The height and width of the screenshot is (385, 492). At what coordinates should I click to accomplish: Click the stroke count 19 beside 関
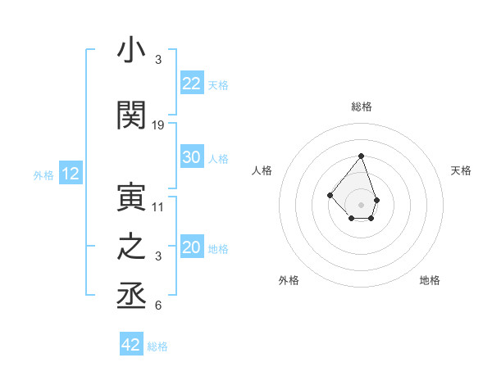click(158, 125)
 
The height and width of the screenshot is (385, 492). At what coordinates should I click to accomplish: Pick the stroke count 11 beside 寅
click(158, 206)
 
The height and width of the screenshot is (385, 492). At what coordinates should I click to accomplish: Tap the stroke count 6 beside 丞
click(158, 306)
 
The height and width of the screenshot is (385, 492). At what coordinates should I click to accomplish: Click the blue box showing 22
click(192, 84)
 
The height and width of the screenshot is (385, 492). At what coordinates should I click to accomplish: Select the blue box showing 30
click(192, 157)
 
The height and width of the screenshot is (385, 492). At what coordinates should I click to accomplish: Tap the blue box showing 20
click(192, 247)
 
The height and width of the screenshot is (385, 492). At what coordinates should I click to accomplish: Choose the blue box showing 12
click(70, 174)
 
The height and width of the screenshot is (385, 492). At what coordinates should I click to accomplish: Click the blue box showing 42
click(131, 345)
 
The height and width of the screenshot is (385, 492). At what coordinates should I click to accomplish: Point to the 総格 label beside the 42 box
click(157, 346)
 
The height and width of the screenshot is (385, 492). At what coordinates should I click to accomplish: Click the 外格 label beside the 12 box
click(43, 174)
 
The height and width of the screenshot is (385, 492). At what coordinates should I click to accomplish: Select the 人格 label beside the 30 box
click(218, 159)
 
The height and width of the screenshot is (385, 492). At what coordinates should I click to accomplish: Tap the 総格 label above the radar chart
click(361, 106)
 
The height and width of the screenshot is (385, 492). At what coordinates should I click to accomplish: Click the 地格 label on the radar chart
click(430, 280)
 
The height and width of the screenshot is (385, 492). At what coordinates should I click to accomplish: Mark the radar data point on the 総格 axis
click(361, 156)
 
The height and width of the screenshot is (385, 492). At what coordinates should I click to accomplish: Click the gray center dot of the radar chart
click(361, 204)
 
